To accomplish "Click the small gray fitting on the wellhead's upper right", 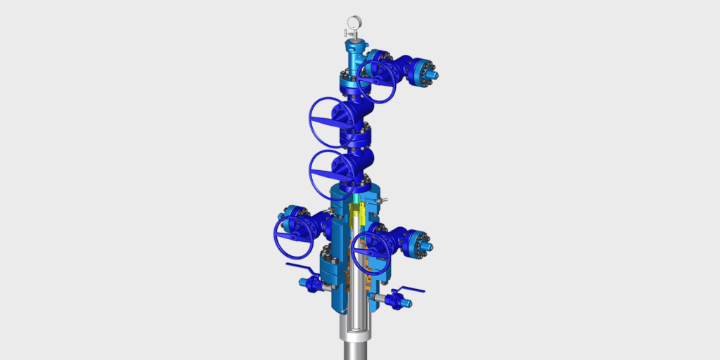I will pyautogui.click(x=382, y=202).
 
